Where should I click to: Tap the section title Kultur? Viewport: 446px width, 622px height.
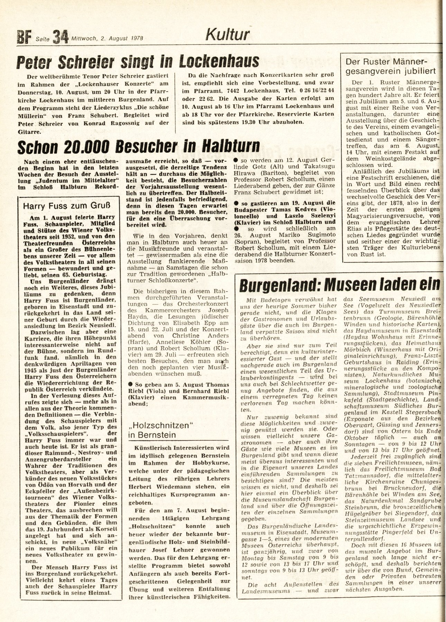click(227, 35)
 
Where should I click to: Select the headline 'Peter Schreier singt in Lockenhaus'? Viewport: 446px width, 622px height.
click(138, 62)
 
